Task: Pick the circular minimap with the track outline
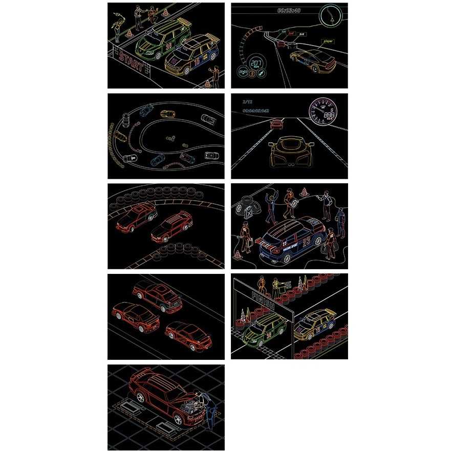[x=330, y=15]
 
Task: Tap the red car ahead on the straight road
[x=277, y=123]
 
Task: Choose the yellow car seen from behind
[x=289, y=152]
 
